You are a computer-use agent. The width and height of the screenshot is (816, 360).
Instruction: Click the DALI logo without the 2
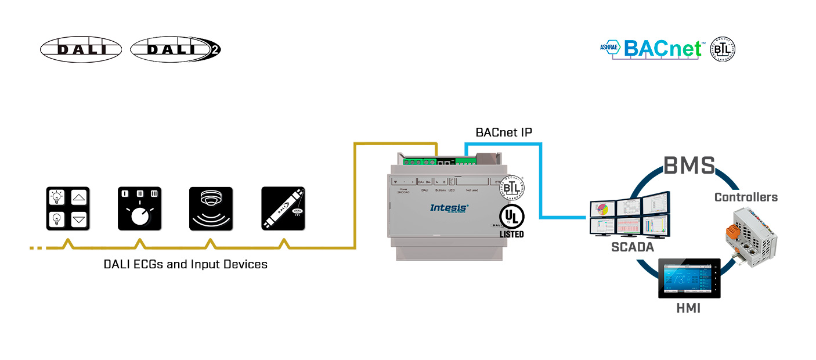point(81,49)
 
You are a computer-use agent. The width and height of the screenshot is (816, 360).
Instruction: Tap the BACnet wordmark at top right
point(664,49)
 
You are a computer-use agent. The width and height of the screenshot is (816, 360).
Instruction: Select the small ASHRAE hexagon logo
point(611,48)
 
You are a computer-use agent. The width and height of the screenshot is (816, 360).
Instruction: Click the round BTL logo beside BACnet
point(723,49)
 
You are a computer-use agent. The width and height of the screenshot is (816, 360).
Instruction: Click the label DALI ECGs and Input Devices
point(186,264)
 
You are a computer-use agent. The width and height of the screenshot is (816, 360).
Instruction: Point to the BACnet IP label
point(504,132)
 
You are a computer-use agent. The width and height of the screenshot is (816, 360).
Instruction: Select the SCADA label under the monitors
point(632,247)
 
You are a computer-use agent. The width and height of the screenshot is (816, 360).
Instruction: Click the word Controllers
point(746,197)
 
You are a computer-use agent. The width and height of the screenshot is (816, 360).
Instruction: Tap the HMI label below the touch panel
point(688,308)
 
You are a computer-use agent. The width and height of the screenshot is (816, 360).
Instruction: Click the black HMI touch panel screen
point(689,278)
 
